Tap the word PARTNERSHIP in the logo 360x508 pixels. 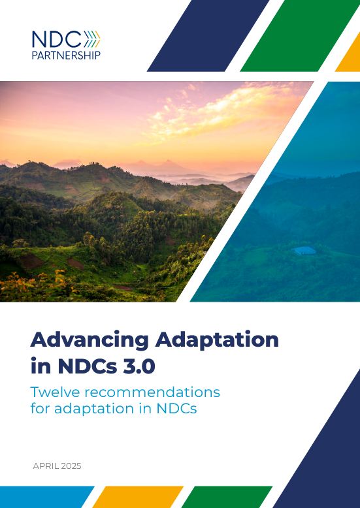(x=66, y=56)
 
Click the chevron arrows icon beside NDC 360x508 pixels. (x=93, y=39)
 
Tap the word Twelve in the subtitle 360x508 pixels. (x=57, y=392)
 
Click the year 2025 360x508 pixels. (x=71, y=466)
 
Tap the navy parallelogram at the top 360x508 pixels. (x=206, y=36)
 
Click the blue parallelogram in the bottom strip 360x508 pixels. (x=42, y=497)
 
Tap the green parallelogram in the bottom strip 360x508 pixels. (x=227, y=497)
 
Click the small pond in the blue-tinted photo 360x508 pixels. (x=304, y=251)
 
